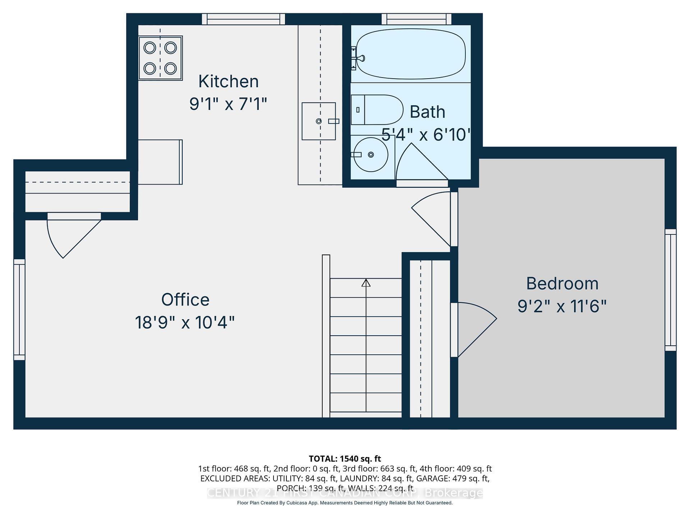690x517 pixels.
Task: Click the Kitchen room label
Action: coord(229,81)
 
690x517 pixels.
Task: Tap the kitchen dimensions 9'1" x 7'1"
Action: coord(228,104)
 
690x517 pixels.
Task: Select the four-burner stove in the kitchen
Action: coord(160,58)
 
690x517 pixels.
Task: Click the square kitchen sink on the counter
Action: coord(318,121)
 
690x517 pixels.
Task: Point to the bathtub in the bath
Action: coord(410,54)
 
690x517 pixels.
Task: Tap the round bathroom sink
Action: coord(371,155)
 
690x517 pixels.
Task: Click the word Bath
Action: coord(427,112)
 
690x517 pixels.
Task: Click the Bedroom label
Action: coord(562,284)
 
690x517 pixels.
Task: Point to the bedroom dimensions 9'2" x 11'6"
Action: coord(562,307)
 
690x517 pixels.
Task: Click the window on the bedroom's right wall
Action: coord(670,290)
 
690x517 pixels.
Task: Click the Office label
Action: coord(185,300)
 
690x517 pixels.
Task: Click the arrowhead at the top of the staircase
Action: coord(366,283)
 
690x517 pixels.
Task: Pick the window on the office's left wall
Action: coord(19,309)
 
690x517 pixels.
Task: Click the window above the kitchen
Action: coord(243,19)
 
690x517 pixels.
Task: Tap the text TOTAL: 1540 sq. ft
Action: coord(345,458)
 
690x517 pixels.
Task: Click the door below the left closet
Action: coord(72,233)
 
